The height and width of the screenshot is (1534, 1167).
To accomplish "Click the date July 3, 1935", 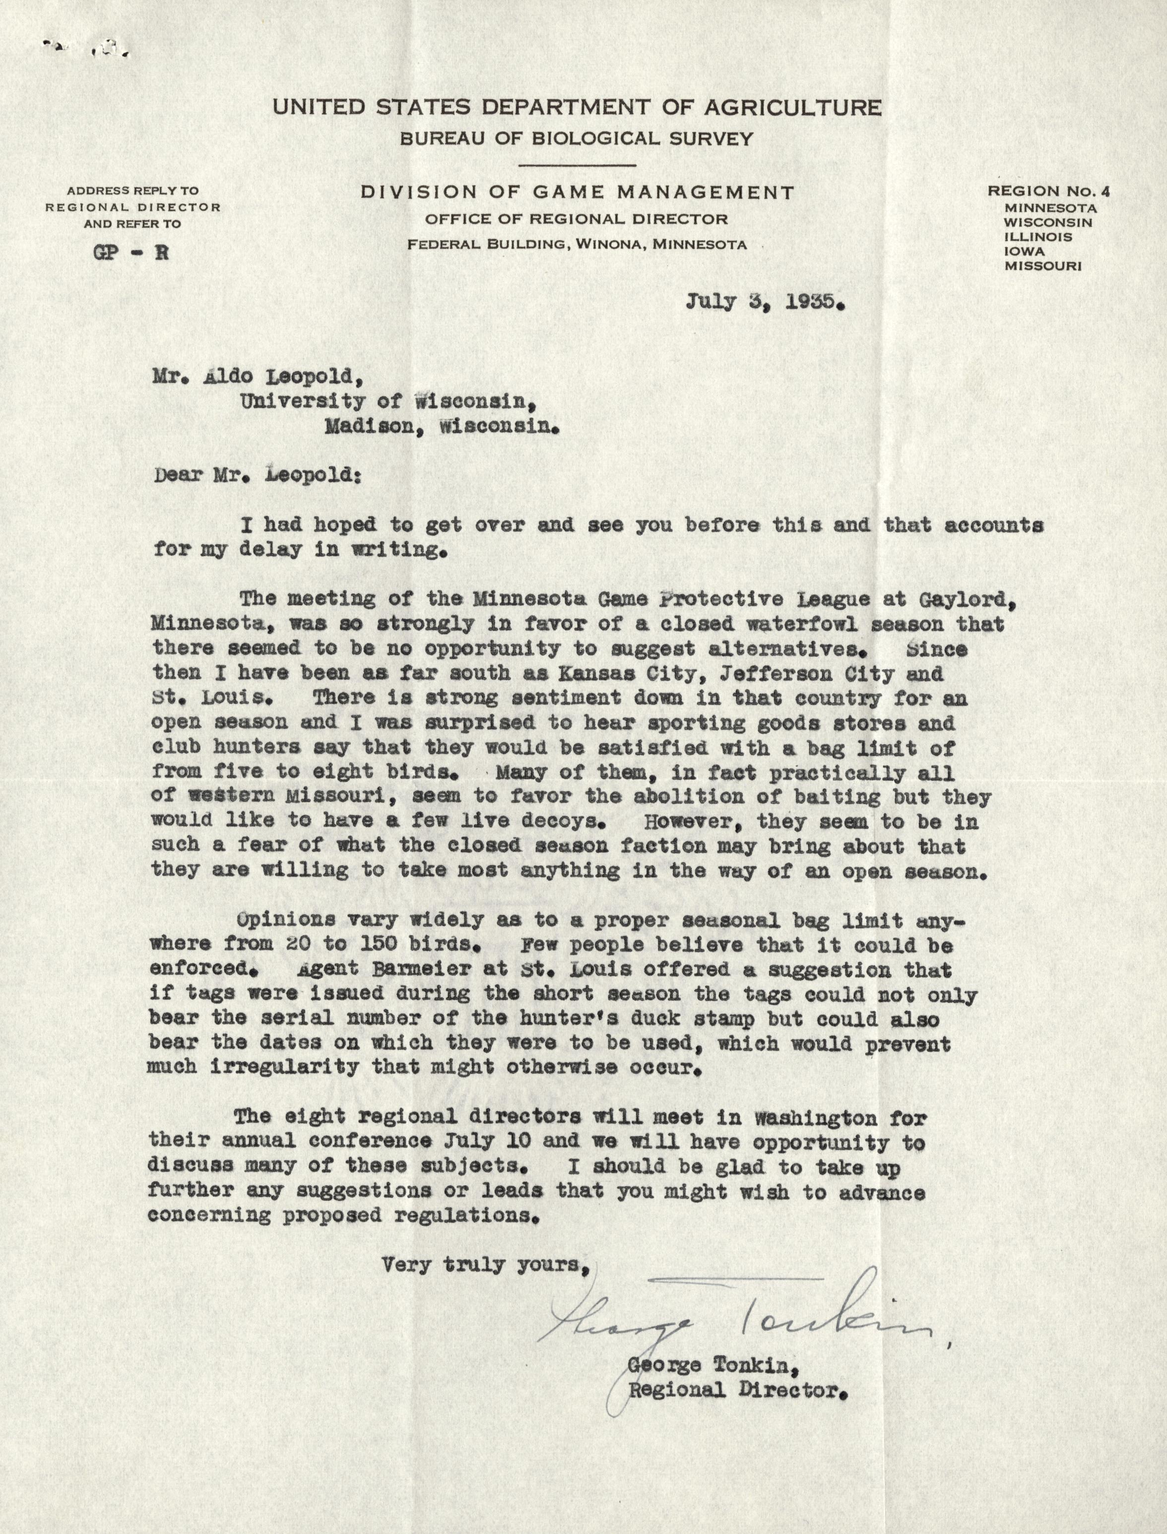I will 766,303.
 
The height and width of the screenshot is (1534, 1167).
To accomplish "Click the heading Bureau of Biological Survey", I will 577,139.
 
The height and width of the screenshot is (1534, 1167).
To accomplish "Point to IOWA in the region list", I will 1025,252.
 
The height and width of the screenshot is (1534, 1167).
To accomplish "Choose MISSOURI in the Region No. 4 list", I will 1042,266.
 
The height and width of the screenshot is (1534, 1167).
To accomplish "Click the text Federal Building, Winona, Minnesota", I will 577,245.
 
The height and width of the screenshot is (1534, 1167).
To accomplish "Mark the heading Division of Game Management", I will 577,192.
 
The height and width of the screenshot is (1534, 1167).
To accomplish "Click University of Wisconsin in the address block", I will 389,401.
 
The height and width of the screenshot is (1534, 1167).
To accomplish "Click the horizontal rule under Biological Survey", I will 577,165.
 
